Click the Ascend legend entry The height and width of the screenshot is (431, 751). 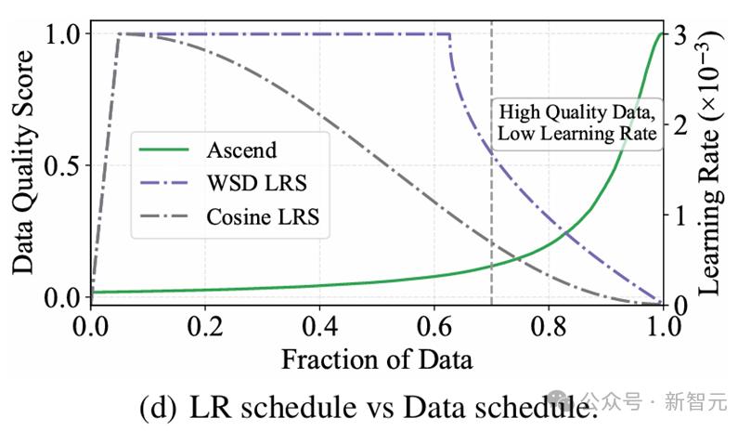(x=208, y=150)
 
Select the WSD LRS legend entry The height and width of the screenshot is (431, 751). (x=223, y=183)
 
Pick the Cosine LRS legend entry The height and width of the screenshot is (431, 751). (x=229, y=216)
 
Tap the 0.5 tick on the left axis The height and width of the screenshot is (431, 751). (x=62, y=166)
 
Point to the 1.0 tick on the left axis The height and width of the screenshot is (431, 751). (x=62, y=34)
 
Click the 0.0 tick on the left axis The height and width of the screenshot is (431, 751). (x=62, y=298)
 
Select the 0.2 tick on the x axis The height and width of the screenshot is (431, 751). (x=205, y=326)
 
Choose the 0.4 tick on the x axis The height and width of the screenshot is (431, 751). (x=320, y=326)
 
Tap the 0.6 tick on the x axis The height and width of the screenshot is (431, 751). (x=434, y=326)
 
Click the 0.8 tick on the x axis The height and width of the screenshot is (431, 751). (x=549, y=326)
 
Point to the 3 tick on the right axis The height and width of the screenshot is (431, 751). (x=680, y=34)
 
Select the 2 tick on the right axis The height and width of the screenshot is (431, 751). (x=680, y=124)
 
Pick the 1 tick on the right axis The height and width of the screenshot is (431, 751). (x=680, y=215)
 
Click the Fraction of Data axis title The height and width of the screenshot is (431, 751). (x=377, y=359)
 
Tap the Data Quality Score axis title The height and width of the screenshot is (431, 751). (x=23, y=162)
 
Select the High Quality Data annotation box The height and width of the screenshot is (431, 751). (x=577, y=124)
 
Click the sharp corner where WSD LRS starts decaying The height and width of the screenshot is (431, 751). (x=449, y=34)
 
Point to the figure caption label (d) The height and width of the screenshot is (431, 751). (x=158, y=408)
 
